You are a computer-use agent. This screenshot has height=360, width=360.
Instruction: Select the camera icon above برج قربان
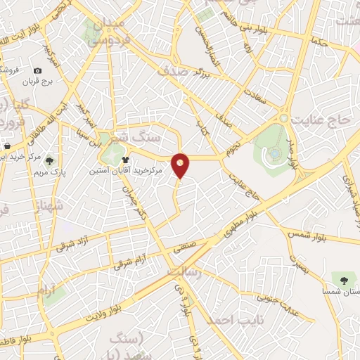[37, 70]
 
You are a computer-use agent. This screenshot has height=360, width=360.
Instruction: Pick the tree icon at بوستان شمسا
[344, 281]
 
